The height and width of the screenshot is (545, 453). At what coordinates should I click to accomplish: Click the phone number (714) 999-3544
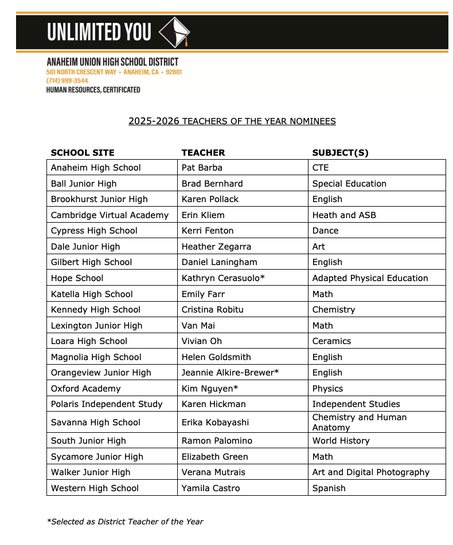point(67,81)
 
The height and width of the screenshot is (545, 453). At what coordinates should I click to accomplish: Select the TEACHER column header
point(203,153)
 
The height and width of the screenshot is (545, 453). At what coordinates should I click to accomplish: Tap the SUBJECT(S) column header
point(340,153)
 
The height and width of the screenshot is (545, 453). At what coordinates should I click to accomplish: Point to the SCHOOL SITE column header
point(83,153)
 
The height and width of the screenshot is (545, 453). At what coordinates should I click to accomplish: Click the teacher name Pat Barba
point(202,168)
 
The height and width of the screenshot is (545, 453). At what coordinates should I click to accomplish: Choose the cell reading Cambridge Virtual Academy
point(110,215)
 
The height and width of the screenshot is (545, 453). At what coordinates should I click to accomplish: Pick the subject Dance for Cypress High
point(325,231)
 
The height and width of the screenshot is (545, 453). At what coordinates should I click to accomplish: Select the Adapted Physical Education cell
point(370,278)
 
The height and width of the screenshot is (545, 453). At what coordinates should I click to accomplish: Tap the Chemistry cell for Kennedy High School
point(334,310)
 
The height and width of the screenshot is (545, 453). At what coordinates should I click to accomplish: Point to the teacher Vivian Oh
point(201,341)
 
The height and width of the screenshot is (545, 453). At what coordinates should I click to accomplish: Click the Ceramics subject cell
point(331,341)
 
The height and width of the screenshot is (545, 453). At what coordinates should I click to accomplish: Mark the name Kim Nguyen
point(210,389)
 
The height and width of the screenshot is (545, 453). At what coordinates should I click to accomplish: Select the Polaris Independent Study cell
point(107,404)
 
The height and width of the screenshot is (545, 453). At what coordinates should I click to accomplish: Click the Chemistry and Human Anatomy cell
point(360,422)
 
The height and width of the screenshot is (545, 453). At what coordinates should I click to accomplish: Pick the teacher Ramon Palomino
point(217,441)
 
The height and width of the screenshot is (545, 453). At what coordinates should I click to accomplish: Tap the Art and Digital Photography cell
point(370,472)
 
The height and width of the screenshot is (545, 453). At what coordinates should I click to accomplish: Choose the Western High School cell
point(95,488)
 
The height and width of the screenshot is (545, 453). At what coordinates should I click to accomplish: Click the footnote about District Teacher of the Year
point(125,522)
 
